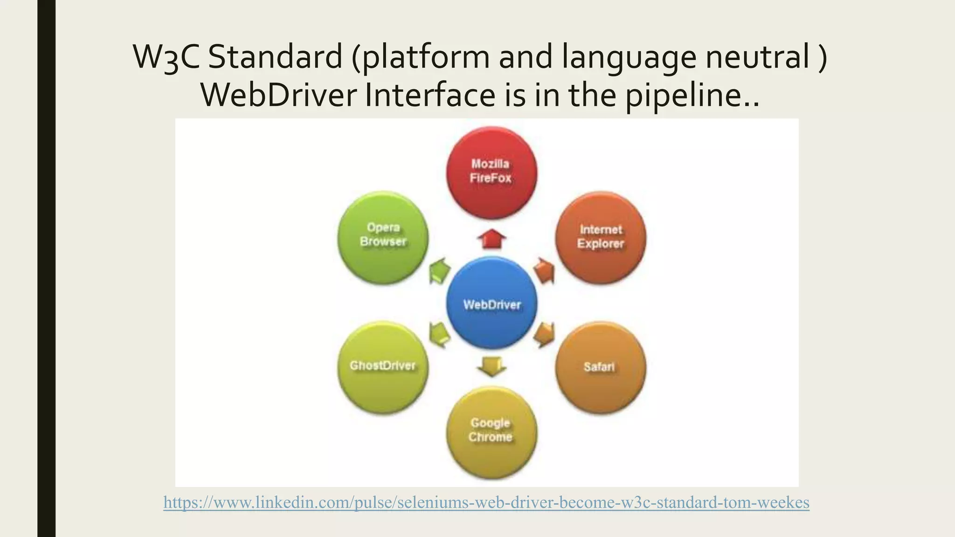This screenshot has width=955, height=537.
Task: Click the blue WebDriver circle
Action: [491, 304]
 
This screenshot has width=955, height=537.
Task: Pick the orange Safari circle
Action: [601, 367]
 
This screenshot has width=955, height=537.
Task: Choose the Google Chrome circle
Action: [491, 432]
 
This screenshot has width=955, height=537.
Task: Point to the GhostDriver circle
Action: [383, 366]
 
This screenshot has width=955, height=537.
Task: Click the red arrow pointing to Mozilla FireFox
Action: [491, 239]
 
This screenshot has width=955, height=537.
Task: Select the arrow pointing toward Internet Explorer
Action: [544, 270]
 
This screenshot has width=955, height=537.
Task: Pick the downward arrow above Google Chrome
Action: [491, 366]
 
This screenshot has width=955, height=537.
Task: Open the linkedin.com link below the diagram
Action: [486, 502]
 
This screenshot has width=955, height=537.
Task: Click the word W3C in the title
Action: [166, 57]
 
